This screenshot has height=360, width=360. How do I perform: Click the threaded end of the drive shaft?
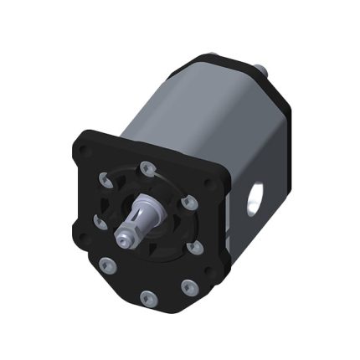pyautogui.click(x=125, y=239)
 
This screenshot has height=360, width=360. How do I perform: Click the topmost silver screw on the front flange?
pyautogui.click(x=147, y=167)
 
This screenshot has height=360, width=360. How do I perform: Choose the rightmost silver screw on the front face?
pyautogui.click(x=195, y=248)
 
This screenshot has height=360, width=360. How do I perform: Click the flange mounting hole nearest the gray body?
pyautogui.click(x=209, y=183)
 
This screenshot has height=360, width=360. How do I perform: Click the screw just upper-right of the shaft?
pyautogui.click(x=190, y=202)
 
